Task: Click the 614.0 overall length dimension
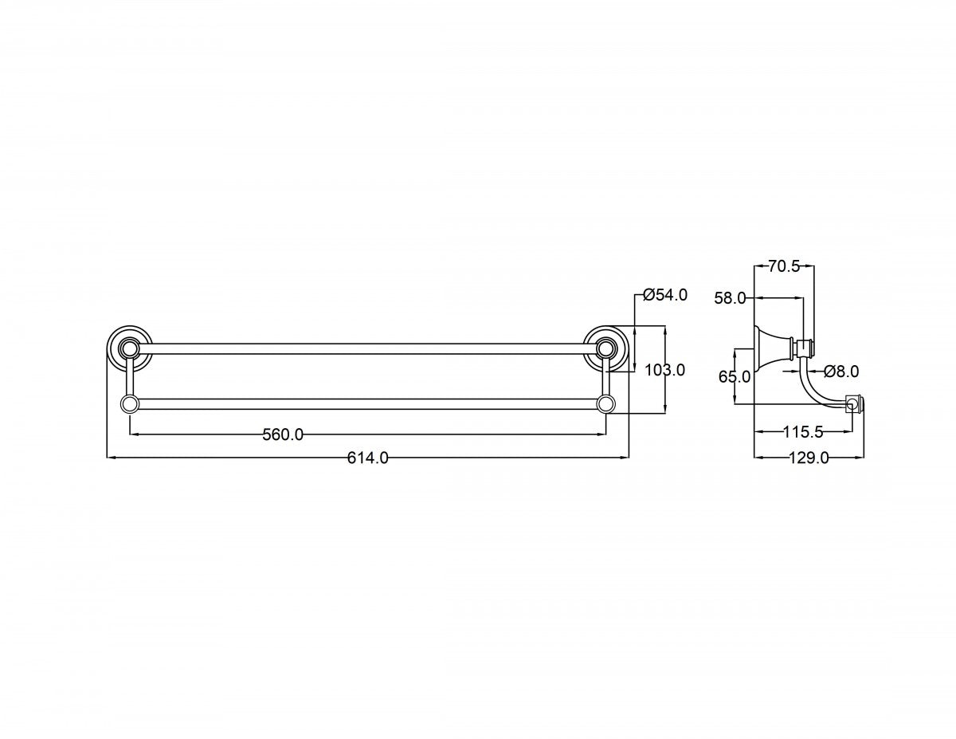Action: (x=368, y=458)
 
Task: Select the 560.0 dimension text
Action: (x=283, y=434)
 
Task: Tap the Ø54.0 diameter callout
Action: (x=664, y=295)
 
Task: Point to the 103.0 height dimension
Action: (x=664, y=370)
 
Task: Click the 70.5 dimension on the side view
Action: (x=784, y=266)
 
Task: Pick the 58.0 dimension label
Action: (x=730, y=298)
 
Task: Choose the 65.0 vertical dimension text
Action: (x=735, y=377)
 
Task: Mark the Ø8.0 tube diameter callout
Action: (x=841, y=371)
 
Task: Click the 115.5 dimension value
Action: (x=803, y=432)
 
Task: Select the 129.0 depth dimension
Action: (x=809, y=458)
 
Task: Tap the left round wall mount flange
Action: (x=129, y=349)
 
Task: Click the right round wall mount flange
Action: (x=605, y=349)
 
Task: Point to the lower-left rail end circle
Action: (x=129, y=404)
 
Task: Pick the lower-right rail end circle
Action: (x=605, y=404)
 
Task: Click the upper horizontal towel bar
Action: (x=368, y=349)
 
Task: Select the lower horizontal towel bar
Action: (x=368, y=404)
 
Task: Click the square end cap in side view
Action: (x=854, y=403)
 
